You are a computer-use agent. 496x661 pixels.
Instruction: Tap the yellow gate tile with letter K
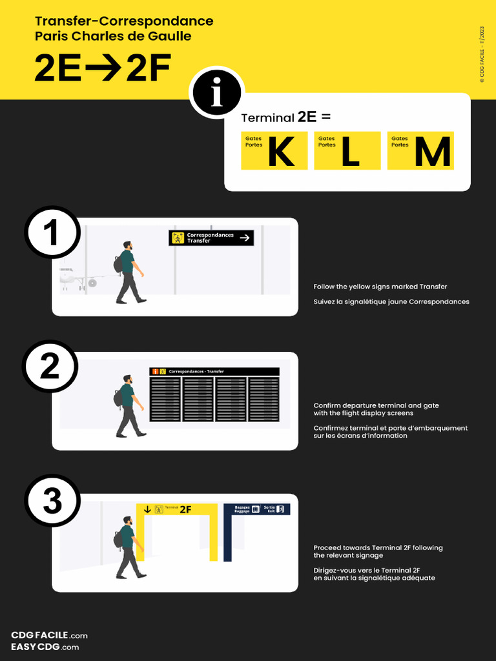(x=274, y=150)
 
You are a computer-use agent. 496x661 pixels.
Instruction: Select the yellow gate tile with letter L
(x=347, y=150)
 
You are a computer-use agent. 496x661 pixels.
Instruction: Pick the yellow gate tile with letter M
(x=420, y=150)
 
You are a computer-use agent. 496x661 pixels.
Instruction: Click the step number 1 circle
(x=52, y=232)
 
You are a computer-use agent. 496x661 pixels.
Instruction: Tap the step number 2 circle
(x=50, y=367)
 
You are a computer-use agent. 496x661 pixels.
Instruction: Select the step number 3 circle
(x=52, y=502)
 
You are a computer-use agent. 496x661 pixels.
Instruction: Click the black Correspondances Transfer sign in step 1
(x=211, y=238)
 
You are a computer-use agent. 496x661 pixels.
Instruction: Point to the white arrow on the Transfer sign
(x=245, y=238)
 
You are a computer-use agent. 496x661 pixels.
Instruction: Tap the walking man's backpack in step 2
(x=118, y=398)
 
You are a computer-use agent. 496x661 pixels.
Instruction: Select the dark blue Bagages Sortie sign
(x=256, y=509)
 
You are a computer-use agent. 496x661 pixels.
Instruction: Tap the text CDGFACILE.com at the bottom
(x=49, y=635)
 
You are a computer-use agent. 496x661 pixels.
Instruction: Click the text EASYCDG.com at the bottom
(x=45, y=647)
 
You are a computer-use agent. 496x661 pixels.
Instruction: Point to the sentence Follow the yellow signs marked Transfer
(x=380, y=287)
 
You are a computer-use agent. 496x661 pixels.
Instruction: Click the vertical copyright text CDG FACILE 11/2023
(x=482, y=54)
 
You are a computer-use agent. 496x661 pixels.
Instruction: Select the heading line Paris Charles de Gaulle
(x=113, y=36)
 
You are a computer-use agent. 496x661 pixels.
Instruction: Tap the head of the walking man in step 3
(x=128, y=520)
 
